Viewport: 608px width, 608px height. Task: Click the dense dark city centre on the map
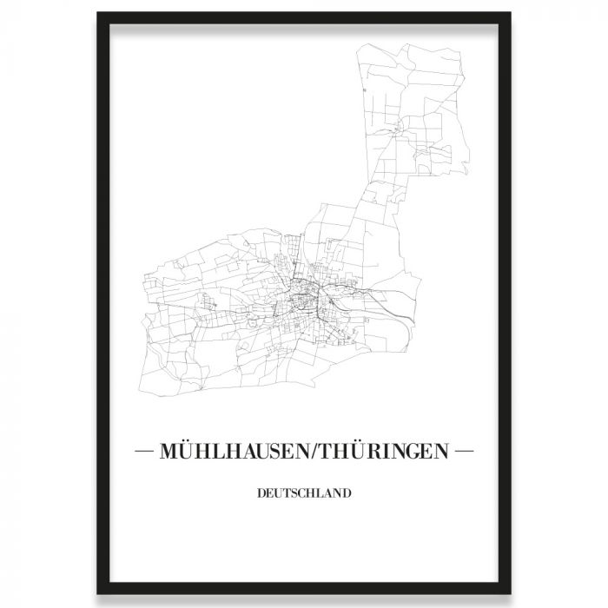point(304,300)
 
